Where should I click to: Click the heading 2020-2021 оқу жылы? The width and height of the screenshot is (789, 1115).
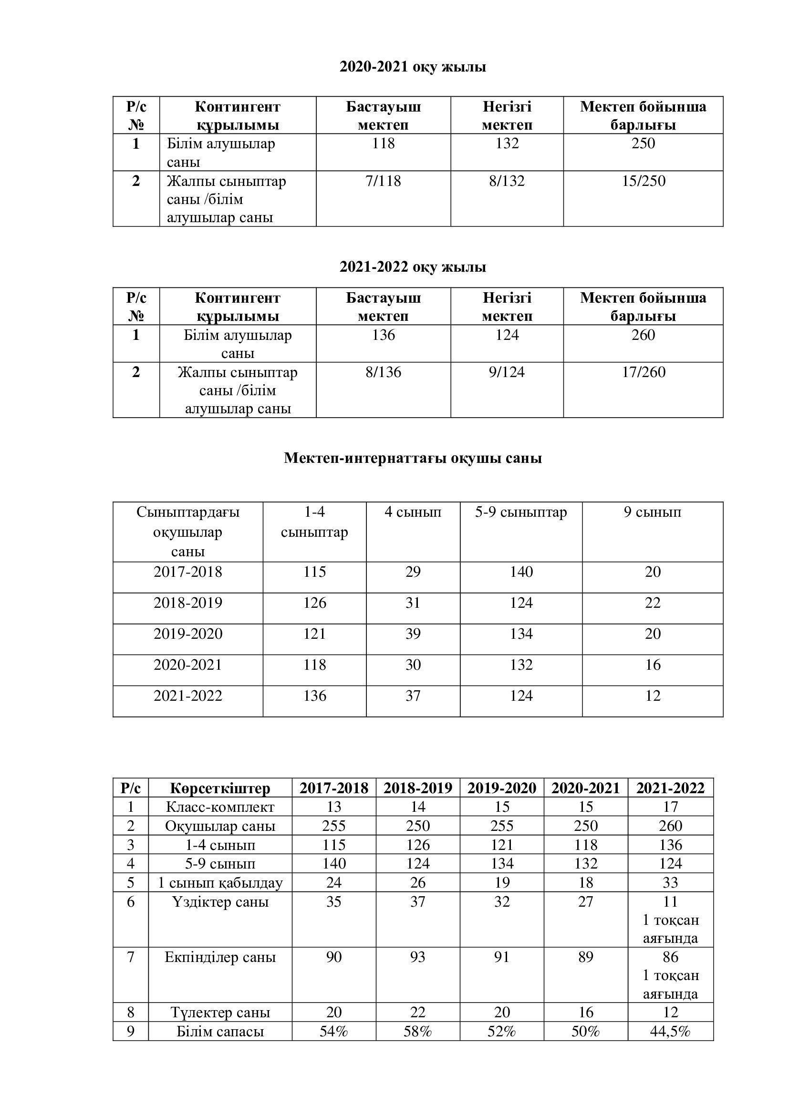point(413,67)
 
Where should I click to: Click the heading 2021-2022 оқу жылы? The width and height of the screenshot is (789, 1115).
point(413,267)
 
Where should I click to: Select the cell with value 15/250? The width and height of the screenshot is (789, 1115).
point(643,181)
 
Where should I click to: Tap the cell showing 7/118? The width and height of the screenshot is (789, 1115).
point(383,181)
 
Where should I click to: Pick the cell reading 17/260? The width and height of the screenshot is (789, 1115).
point(643,372)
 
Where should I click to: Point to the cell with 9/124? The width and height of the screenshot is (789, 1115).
point(507,372)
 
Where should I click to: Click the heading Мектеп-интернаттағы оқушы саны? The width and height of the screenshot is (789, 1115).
point(413,458)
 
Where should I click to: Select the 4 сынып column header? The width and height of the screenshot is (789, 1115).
point(413,512)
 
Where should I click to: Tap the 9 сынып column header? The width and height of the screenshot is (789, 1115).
point(652,512)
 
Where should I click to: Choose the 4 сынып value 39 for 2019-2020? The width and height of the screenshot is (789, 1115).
point(413,634)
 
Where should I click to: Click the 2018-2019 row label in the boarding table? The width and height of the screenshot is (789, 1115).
point(187,603)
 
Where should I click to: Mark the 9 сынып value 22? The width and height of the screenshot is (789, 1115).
point(652,603)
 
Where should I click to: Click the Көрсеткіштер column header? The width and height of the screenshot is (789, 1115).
point(219,788)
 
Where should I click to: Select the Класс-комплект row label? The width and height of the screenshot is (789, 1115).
point(219,807)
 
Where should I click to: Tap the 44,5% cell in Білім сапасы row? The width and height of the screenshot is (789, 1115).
point(670,1032)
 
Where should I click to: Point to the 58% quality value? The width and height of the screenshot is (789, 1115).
point(417,1032)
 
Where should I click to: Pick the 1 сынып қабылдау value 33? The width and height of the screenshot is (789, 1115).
point(670,882)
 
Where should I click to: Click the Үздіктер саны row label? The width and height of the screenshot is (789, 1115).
point(219,902)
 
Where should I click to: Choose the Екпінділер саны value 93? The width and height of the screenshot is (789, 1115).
point(417,957)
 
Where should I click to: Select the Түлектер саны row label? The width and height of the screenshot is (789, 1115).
point(219,1013)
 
